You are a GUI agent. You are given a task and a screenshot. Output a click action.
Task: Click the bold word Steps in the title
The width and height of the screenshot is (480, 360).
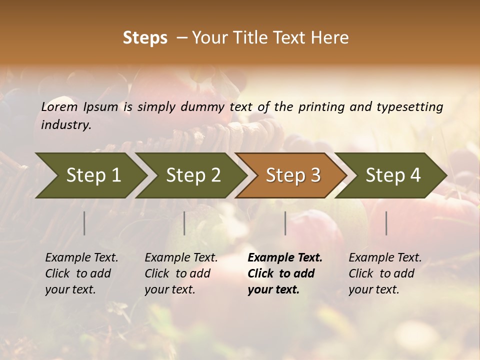tap(145, 38)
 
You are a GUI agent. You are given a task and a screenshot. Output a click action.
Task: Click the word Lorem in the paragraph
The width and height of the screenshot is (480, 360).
tap(59, 106)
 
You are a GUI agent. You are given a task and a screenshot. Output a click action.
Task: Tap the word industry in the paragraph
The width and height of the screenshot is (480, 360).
tap(66, 125)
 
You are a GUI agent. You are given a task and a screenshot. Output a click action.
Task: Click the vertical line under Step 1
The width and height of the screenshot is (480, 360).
tap(84, 223)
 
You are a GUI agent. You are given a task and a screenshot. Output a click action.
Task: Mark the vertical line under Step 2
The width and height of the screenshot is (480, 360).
tap(184, 223)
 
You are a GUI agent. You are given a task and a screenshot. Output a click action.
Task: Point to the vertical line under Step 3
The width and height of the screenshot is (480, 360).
tap(285, 223)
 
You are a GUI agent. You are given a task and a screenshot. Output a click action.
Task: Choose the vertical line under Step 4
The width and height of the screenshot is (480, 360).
tap(386, 223)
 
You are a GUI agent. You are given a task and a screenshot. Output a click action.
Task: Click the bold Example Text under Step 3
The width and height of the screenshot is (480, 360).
tap(285, 258)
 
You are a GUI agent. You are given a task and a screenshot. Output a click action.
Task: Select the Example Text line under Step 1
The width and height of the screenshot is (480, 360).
tap(81, 258)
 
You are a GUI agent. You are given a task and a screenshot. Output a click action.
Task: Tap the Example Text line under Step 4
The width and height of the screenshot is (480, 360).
tap(385, 258)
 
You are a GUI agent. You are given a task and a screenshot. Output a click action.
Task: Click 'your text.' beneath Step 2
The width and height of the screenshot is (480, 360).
tap(169, 290)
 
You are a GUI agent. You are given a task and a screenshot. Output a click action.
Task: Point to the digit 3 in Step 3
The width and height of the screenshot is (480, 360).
tap(315, 175)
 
